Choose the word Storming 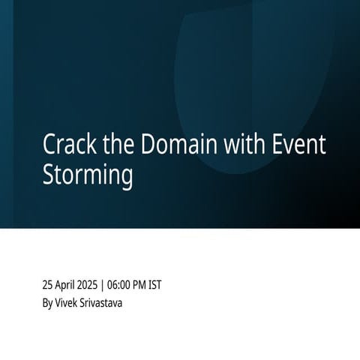tap(88, 175)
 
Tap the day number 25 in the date tap(49, 285)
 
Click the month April tap(68, 285)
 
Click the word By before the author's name tap(48, 303)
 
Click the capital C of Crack tap(49, 145)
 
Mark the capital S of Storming tap(49, 175)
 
